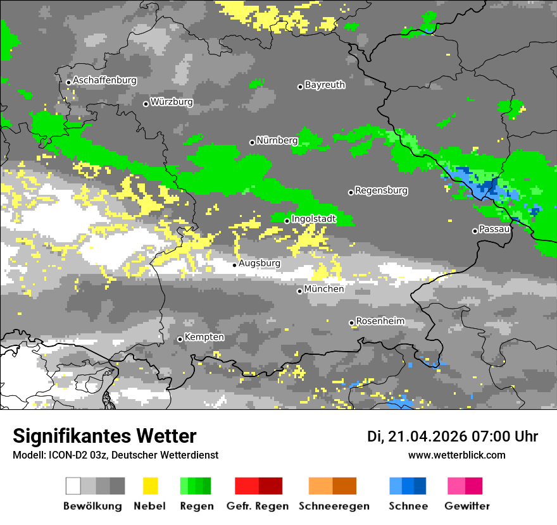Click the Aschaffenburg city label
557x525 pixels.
click(x=104, y=81)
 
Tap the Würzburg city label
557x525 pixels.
click(x=172, y=102)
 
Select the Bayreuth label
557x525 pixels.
click(x=325, y=85)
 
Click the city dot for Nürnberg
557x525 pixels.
click(x=252, y=142)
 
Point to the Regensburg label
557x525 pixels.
click(x=381, y=190)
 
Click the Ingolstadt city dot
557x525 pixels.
click(x=287, y=221)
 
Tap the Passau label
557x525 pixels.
click(x=494, y=229)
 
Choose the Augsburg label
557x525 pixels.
click(x=260, y=263)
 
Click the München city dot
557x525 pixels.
click(x=300, y=291)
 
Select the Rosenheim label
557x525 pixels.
click(x=380, y=321)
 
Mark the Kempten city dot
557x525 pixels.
click(x=180, y=339)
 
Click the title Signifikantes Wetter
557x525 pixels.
click(x=104, y=436)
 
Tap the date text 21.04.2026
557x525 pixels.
click(x=427, y=436)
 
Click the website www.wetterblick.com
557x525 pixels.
click(x=457, y=455)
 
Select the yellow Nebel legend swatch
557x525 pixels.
click(x=150, y=486)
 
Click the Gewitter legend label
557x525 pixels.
click(x=466, y=506)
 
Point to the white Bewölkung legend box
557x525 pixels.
click(x=73, y=486)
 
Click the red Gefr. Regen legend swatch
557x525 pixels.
click(x=247, y=486)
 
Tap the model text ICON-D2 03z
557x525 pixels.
click(x=70, y=455)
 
